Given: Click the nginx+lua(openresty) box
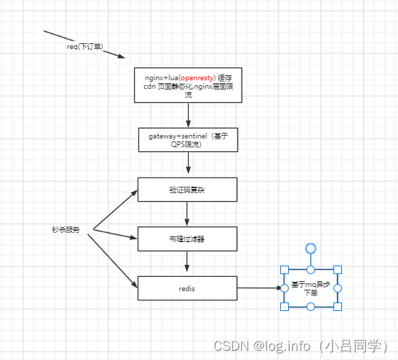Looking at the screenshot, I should click(x=187, y=84).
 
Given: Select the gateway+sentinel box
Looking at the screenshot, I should click(x=187, y=140).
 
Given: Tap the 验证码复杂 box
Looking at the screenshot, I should click(x=187, y=190).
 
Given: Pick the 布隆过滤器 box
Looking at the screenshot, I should click(x=187, y=239).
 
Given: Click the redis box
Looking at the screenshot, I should click(x=187, y=288).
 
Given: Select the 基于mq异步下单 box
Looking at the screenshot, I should click(x=311, y=288).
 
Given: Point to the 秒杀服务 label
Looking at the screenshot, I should click(x=65, y=231).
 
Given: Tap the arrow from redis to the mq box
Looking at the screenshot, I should click(x=259, y=288).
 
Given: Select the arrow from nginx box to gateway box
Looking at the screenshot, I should click(x=188, y=115).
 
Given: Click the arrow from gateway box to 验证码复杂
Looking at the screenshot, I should click(x=188, y=165).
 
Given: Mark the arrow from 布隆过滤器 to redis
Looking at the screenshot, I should click(x=187, y=263).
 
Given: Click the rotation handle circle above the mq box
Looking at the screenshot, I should click(x=311, y=248).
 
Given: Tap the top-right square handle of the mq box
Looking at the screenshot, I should click(x=338, y=269).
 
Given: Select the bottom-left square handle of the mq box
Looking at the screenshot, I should click(x=284, y=307).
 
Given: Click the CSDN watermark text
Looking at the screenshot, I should click(x=301, y=346).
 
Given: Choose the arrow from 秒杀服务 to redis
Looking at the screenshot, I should click(x=114, y=259).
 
